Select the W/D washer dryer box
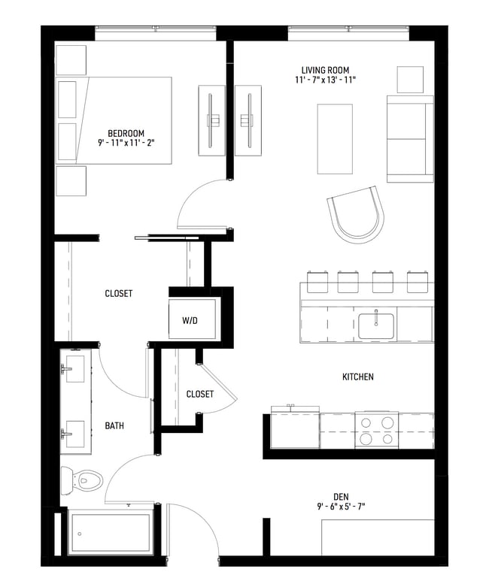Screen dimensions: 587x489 [x=191, y=319]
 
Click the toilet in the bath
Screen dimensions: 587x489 [x=82, y=478]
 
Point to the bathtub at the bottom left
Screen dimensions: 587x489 [x=110, y=533]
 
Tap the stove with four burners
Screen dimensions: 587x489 [x=375, y=431]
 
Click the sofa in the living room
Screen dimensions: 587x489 [x=409, y=138]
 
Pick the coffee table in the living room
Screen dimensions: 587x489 [x=335, y=138]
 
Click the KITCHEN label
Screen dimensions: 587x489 [x=357, y=377]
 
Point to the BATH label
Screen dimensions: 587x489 [x=114, y=425]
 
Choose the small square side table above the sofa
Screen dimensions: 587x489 [x=411, y=80]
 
